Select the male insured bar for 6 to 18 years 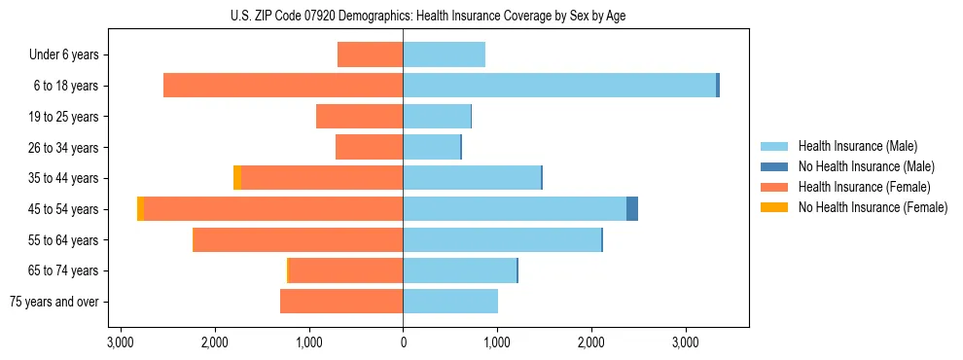[x=559, y=86]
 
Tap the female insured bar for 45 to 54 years [x=273, y=209]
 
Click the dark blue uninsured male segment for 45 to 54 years [x=632, y=209]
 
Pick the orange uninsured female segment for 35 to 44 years [x=237, y=178]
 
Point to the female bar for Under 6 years [x=370, y=55]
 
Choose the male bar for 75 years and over [x=450, y=302]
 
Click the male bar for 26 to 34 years [x=432, y=147]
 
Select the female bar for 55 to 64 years [x=299, y=240]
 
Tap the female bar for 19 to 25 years [x=359, y=117]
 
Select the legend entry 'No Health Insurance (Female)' [x=873, y=207]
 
